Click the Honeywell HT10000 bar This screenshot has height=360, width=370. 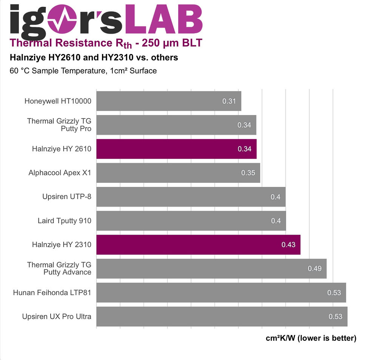(x=169, y=101)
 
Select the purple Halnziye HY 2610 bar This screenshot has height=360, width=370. (x=177, y=149)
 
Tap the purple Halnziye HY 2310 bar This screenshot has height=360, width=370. (x=199, y=244)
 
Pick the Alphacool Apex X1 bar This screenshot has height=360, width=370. (x=178, y=173)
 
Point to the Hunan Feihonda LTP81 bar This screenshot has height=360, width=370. (x=221, y=292)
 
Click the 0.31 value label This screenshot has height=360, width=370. (x=229, y=101)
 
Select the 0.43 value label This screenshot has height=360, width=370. (x=288, y=244)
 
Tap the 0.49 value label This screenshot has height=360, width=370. (x=314, y=269)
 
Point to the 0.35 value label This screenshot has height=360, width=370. (x=248, y=173)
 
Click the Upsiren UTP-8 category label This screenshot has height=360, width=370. (x=67, y=197)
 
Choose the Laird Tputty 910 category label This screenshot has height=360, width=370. (x=65, y=221)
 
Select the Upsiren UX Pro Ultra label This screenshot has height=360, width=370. (x=57, y=316)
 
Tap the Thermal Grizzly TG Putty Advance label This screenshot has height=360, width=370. (x=59, y=269)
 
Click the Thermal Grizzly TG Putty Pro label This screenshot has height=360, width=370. (x=59, y=125)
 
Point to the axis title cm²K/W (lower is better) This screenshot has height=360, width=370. (x=311, y=338)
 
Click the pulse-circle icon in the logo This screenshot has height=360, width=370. (x=62, y=19)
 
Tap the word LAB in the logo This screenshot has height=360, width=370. (x=164, y=19)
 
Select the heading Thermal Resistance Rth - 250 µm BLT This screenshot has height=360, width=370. (x=106, y=43)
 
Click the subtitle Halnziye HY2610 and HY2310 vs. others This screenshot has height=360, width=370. (x=94, y=57)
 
